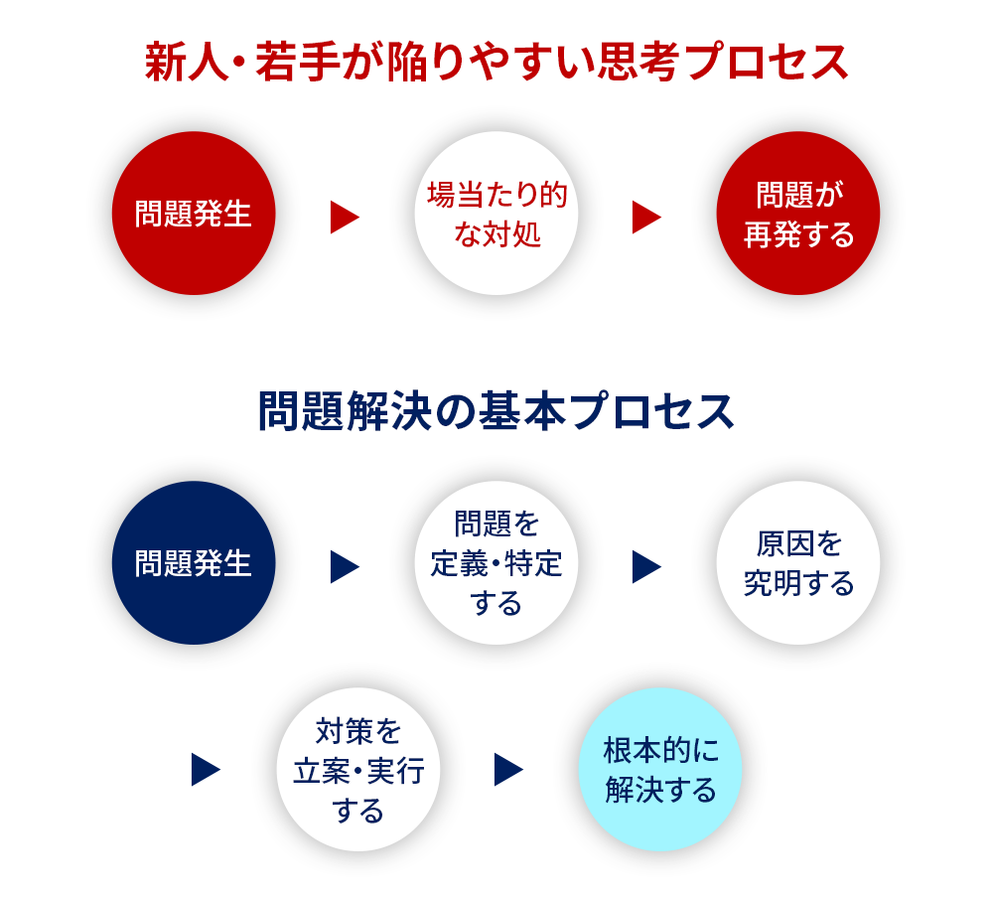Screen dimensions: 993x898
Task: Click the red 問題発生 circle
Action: click(x=194, y=213)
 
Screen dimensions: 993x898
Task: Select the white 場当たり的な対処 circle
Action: click(x=496, y=213)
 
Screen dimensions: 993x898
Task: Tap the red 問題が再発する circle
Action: click(x=798, y=213)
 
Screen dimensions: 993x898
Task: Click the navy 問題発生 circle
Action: click(x=194, y=563)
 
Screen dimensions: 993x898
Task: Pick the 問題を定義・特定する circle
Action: click(x=496, y=563)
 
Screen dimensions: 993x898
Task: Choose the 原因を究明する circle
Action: click(x=798, y=563)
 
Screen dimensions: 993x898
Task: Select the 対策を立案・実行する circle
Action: click(x=358, y=769)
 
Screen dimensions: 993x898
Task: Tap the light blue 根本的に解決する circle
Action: click(x=660, y=769)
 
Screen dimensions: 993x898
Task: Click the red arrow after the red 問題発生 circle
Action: click(x=344, y=218)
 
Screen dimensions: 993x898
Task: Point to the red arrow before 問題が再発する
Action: click(x=646, y=218)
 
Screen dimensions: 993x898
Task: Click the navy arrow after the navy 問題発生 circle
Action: click(x=344, y=566)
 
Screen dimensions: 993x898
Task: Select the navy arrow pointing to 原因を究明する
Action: click(x=646, y=566)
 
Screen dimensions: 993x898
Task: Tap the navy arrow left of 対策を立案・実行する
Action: click(x=206, y=769)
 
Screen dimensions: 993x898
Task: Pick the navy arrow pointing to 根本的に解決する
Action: click(x=507, y=769)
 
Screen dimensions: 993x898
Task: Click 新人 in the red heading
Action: click(x=187, y=63)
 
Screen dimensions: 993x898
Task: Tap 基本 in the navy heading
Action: click(x=520, y=411)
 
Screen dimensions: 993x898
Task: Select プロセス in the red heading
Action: click(x=767, y=63)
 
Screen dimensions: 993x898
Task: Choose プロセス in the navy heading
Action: click(x=650, y=411)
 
